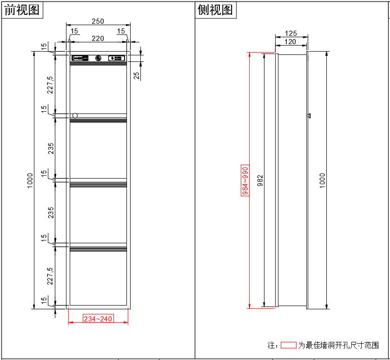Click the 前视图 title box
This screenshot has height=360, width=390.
tap(22, 10)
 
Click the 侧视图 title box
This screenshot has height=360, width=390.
tap(216, 10)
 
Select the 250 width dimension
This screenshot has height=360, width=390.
tap(98, 21)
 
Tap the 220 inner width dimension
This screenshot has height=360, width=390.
tap(98, 39)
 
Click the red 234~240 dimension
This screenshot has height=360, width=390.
tap(98, 319)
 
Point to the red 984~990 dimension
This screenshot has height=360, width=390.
tap(245, 180)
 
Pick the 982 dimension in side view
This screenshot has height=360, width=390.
tap(260, 181)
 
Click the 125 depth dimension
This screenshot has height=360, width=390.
tap(291, 33)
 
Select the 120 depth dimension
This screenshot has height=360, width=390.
tap(290, 42)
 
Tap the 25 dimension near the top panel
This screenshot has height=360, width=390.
tap(137, 75)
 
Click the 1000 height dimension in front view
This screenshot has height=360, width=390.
tap(30, 180)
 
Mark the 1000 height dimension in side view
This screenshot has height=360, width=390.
tap(323, 180)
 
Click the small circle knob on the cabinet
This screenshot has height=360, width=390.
tap(75, 115)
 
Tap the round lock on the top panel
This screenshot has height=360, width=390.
tap(98, 58)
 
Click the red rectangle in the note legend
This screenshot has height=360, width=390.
tap(288, 345)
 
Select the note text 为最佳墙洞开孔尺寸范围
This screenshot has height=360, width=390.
tap(338, 345)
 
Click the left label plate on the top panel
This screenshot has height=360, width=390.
tap(80, 58)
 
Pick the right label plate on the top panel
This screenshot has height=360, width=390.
tap(116, 58)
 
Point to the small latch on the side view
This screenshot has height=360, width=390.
tap(309, 115)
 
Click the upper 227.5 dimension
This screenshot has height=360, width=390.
tap(50, 85)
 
